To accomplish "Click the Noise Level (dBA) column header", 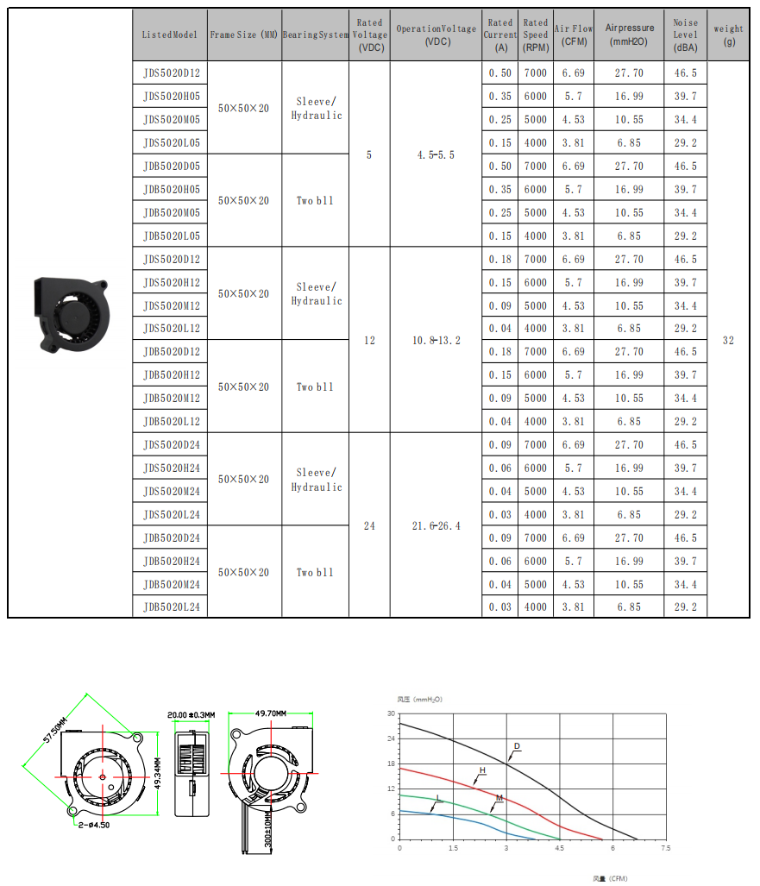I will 686,35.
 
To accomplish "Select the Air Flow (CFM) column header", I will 574,35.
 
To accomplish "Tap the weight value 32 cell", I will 728,341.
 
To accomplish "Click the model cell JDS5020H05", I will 172,97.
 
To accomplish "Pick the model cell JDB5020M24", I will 172,585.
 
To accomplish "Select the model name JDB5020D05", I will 172,167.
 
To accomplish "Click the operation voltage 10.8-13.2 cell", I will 436,341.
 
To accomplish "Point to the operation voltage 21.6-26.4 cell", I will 436,526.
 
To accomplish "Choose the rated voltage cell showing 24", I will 369,526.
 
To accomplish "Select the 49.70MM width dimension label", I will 272,713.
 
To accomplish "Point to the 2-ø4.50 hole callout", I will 94,825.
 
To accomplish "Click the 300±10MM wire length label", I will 268,827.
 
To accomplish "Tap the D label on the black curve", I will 517,745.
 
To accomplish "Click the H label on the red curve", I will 482,770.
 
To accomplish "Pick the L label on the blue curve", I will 438,798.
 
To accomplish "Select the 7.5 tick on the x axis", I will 664,849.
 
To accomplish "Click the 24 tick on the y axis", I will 391,739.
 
